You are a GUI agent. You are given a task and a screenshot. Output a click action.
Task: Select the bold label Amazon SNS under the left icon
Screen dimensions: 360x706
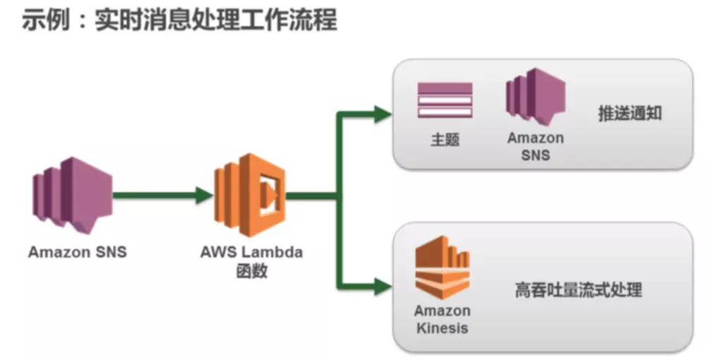click(78, 251)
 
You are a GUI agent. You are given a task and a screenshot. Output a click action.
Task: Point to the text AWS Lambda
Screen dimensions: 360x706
click(251, 252)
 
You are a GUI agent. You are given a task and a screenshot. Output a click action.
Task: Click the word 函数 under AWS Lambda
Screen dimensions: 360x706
click(251, 270)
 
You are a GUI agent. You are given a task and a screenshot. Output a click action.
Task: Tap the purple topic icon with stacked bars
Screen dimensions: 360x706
click(445, 101)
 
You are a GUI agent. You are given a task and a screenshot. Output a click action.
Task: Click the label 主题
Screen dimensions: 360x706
click(445, 139)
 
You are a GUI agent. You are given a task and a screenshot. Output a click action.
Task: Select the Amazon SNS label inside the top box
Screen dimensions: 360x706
click(535, 146)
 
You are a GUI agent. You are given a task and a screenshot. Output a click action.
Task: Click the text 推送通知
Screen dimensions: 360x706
click(630, 114)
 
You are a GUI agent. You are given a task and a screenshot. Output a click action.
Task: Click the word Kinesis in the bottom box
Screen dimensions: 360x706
click(442, 328)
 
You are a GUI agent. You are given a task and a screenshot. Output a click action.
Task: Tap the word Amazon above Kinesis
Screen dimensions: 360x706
click(442, 311)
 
